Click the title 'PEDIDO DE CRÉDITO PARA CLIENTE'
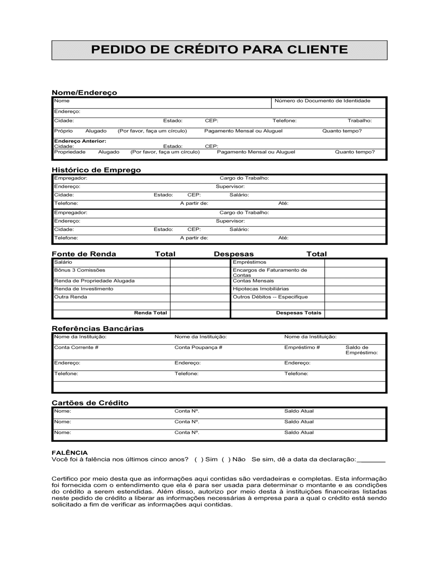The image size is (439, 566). coord(219,50)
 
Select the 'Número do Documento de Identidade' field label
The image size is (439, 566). coord(322,101)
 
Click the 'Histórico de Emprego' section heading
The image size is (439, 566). coord(96,170)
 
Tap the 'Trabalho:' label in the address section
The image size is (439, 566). coord(360,121)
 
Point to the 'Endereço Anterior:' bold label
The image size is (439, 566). coord(80,141)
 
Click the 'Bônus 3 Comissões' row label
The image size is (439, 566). coord(79,270)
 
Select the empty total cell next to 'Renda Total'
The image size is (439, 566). coord(200,313)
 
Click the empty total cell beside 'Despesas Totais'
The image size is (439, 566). coord(355,313)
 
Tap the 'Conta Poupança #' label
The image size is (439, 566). coord(198,347)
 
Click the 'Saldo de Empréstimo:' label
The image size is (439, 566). coord(361,350)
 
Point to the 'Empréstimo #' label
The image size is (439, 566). coord(302,347)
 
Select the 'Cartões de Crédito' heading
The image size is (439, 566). coord(90,403)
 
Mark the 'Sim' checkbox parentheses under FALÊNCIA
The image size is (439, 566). coord(198,459)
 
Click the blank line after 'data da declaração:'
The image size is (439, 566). coord(371,460)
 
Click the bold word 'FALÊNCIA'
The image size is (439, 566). coord(69,453)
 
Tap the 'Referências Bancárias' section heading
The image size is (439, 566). coord(97,329)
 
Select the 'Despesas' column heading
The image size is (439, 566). coord(234,254)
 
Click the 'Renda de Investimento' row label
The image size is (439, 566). coord(83,289)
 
